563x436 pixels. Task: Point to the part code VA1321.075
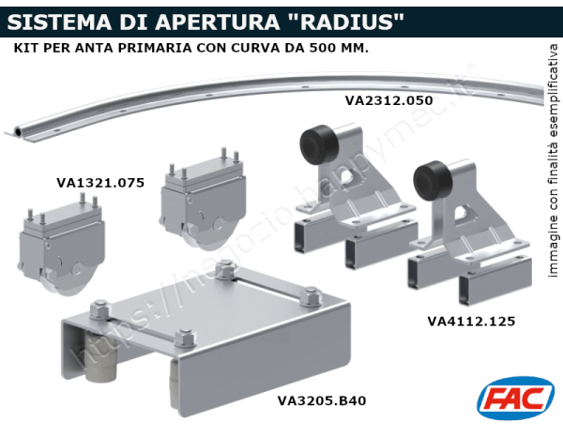point(100,183)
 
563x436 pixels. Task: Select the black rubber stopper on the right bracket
point(432,178)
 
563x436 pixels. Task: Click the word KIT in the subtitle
point(27,47)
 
